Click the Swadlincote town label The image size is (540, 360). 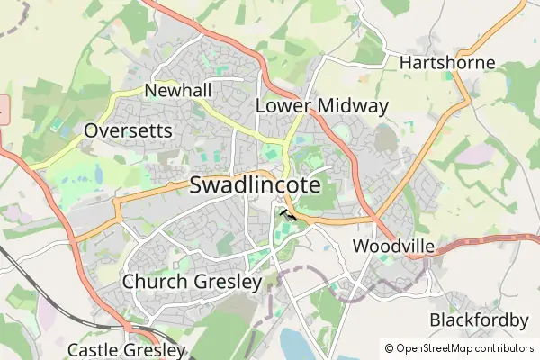[256, 185]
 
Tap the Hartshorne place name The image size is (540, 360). [447, 63]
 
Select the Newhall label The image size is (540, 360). [177, 91]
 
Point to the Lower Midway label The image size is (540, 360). [322, 106]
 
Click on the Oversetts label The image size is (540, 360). [127, 131]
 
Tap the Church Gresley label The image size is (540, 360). [192, 282]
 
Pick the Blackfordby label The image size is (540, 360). [479, 320]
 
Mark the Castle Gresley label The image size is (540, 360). [126, 349]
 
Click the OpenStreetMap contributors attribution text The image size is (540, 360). [464, 348]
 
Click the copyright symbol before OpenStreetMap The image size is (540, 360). [389, 348]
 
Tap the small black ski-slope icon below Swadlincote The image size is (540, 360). [289, 214]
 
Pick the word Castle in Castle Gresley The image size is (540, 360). [93, 349]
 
